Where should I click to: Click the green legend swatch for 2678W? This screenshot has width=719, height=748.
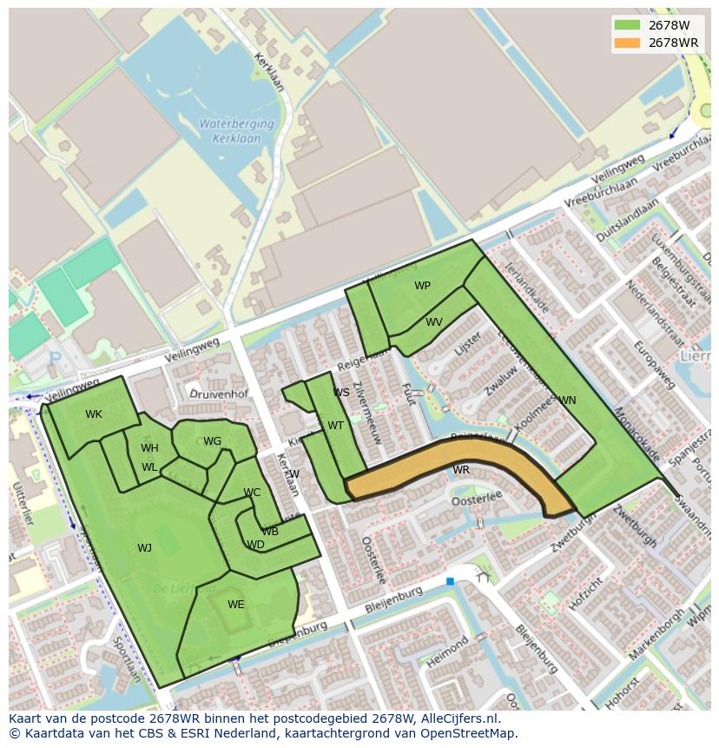coord(626,25)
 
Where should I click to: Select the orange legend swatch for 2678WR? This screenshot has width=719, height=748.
coord(626,43)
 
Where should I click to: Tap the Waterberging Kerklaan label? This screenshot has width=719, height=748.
coord(236,130)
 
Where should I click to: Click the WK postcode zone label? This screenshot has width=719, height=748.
coord(94,414)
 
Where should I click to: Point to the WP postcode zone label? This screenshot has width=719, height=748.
coord(422,286)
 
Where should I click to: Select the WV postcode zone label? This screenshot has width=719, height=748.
coord(434,322)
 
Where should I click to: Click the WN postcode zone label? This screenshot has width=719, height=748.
coord(567,400)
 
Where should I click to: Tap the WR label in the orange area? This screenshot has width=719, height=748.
coord(461,470)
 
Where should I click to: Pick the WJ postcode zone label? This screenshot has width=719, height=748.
coord(144,548)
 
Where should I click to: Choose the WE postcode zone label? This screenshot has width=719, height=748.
coord(236,605)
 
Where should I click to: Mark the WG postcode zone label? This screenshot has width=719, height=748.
coord(213,441)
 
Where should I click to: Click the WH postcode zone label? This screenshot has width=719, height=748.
coord(149,448)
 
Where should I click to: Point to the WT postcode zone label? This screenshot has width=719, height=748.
coord(336,426)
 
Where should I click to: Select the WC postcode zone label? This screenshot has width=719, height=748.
coord(252,493)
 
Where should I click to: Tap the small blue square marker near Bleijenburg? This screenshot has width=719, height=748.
coord(450,581)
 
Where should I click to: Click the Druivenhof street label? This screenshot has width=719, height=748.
coord(220,394)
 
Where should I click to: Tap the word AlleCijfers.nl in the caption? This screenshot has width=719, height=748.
coord(457,719)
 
